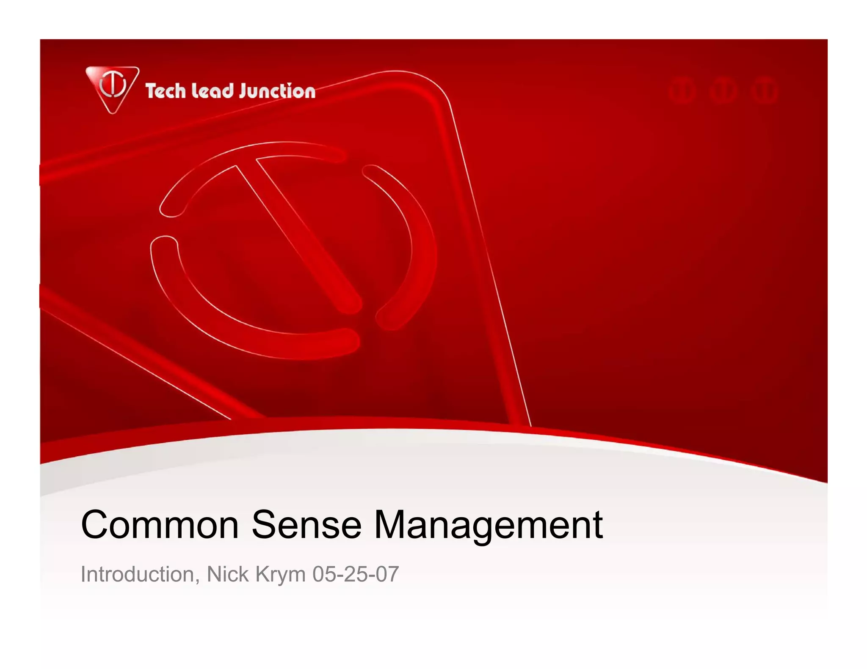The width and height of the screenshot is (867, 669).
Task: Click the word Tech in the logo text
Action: pyautogui.click(x=165, y=91)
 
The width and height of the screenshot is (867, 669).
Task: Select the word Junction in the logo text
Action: pyautogui.click(x=277, y=91)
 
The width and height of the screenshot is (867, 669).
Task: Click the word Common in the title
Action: pyautogui.click(x=160, y=525)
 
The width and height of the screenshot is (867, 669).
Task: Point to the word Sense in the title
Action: pyautogui.click(x=306, y=525)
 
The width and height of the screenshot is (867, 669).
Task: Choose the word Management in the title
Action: pyautogui.click(x=489, y=525)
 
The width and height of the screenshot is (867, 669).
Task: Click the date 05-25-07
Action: pyautogui.click(x=356, y=574)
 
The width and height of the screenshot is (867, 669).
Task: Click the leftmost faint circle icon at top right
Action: pyautogui.click(x=682, y=91)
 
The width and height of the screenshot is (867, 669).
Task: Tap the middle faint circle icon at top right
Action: pyautogui.click(x=723, y=91)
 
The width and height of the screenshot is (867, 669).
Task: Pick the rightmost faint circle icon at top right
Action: pyautogui.click(x=765, y=91)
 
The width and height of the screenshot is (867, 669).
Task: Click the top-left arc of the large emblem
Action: pyautogui.click(x=237, y=161)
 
